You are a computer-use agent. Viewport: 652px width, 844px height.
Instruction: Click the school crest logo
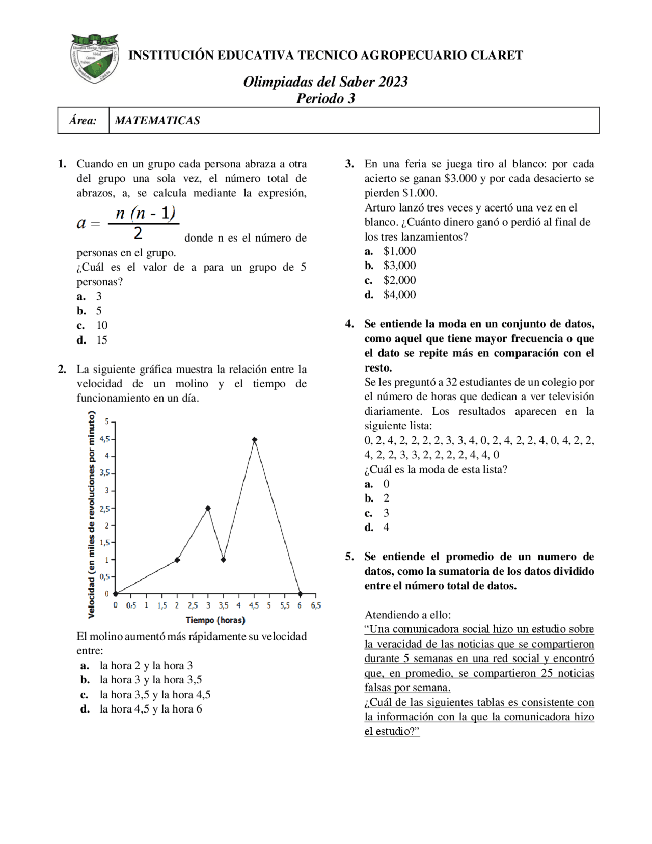(x=95, y=58)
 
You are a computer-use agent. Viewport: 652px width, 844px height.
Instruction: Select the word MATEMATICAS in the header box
(x=157, y=121)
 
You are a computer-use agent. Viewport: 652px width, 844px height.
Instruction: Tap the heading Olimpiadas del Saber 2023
(x=325, y=82)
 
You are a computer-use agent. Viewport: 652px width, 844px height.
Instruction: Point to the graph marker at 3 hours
(x=208, y=508)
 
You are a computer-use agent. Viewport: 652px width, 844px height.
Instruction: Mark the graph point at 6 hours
(x=300, y=594)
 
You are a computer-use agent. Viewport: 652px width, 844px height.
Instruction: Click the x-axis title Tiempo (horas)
(x=215, y=620)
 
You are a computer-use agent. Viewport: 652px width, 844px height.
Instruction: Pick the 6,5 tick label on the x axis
(x=316, y=606)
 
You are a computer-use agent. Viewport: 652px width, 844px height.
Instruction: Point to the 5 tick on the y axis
(x=107, y=421)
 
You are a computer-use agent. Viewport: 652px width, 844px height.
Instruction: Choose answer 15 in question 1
(x=102, y=340)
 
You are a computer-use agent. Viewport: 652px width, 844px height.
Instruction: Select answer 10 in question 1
(x=102, y=325)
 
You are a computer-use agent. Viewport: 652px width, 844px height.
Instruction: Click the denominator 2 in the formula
(x=138, y=233)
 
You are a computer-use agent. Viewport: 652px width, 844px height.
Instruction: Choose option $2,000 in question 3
(x=399, y=280)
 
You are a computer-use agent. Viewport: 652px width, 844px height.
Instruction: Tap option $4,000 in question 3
(x=399, y=295)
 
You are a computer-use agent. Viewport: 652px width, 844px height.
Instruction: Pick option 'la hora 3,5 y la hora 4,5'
(x=155, y=694)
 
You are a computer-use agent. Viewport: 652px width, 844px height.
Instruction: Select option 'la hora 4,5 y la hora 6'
(x=151, y=709)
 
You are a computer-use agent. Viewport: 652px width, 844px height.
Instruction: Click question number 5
(x=349, y=557)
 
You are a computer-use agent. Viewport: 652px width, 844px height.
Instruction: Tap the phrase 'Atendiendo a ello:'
(x=407, y=615)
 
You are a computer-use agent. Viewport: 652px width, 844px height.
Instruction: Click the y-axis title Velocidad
(x=92, y=515)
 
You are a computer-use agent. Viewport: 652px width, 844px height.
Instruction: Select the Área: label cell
(x=83, y=121)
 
